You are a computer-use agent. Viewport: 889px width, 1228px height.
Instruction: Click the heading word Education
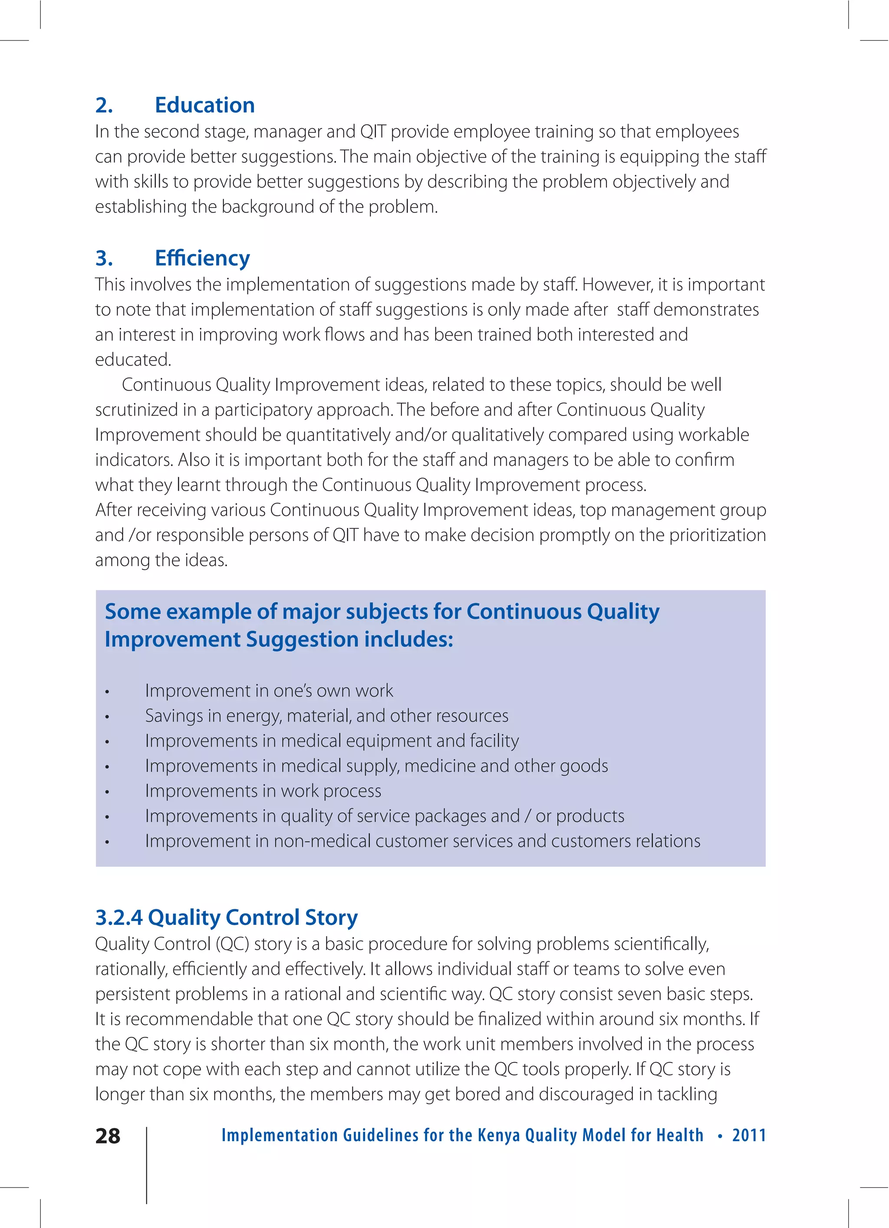point(204,105)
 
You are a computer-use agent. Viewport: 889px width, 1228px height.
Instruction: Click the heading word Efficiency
point(202,258)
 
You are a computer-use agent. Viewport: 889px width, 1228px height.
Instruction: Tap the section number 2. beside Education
point(104,105)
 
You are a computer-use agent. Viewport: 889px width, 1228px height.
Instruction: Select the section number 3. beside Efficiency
point(104,258)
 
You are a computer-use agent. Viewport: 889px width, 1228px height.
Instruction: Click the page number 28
point(108,1136)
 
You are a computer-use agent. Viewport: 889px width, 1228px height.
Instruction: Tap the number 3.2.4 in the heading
point(119,917)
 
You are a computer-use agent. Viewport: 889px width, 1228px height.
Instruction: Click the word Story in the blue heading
point(331,917)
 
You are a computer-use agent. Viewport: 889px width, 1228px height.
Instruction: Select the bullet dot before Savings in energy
point(107,717)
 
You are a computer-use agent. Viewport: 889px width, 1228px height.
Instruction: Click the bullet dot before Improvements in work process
point(107,792)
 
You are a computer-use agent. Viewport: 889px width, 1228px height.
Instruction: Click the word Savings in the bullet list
point(173,716)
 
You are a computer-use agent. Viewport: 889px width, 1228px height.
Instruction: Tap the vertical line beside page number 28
point(147,1164)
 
